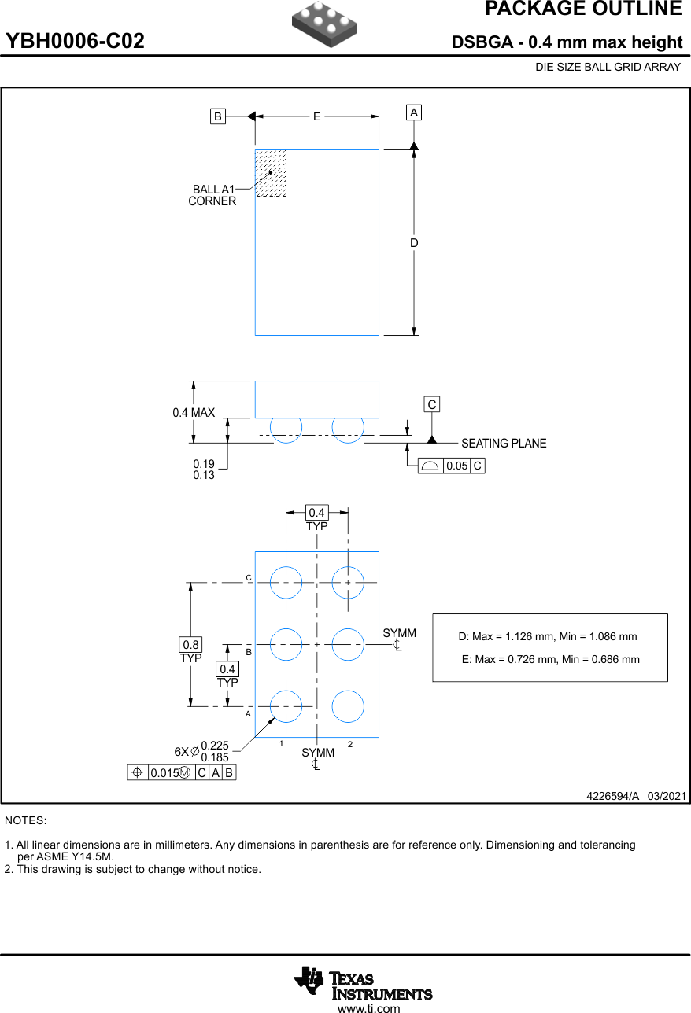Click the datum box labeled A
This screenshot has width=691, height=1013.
coord(414,112)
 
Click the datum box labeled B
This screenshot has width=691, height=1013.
coord(217,116)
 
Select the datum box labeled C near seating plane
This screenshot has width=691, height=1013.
coord(431,404)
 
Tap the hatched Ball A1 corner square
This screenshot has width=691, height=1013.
coord(271,173)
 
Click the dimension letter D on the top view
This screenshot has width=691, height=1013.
coord(414,243)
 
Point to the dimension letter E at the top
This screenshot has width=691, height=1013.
coord(317,116)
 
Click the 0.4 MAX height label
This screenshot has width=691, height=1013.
coord(194,412)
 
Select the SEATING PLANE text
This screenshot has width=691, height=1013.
coord(504,444)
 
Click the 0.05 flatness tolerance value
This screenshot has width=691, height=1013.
coord(456,466)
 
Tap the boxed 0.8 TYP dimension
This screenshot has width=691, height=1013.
coord(190,645)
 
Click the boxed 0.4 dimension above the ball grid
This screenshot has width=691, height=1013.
coord(316,513)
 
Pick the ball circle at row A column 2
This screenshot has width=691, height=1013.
coord(348,706)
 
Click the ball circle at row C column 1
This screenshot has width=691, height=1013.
coord(286,583)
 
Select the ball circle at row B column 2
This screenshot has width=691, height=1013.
coord(348,644)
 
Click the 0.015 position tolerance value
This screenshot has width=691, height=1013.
coord(164,773)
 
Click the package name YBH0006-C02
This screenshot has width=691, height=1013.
coord(76,42)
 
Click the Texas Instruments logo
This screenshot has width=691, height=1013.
coord(363,983)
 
